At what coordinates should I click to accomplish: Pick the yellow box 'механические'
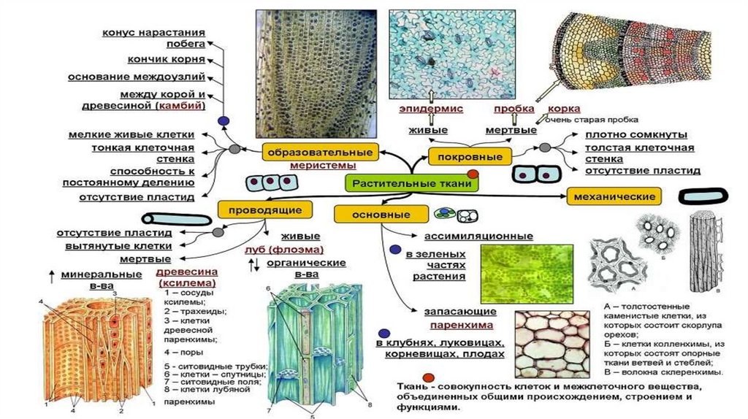click(614, 196)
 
